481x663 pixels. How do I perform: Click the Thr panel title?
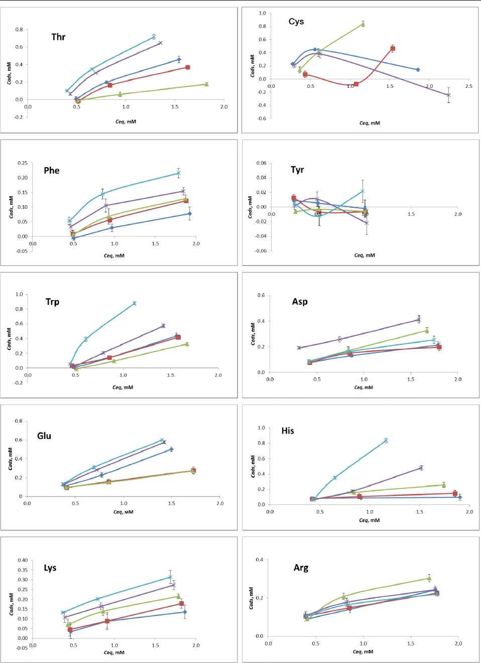pyautogui.click(x=58, y=37)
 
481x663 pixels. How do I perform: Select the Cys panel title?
pyautogui.click(x=296, y=22)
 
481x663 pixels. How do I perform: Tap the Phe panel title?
pyautogui.click(x=52, y=171)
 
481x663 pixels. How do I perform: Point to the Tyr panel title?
pyautogui.click(x=297, y=170)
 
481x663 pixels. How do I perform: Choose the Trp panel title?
pyautogui.click(x=52, y=302)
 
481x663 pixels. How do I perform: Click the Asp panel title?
pyautogui.click(x=300, y=302)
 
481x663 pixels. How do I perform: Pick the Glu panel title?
pyautogui.click(x=44, y=436)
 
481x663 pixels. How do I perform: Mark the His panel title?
pyautogui.click(x=288, y=431)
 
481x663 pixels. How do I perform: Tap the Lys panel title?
pyautogui.click(x=50, y=568)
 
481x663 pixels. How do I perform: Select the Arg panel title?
pyautogui.click(x=301, y=568)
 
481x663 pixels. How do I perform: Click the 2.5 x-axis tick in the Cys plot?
pyautogui.click(x=468, y=86)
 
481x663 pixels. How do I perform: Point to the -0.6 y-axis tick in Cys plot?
pyautogui.click(x=262, y=118)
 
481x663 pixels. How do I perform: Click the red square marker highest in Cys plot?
pyautogui.click(x=393, y=49)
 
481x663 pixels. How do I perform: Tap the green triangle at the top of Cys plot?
pyautogui.click(x=363, y=24)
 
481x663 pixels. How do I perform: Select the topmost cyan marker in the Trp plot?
pyautogui.click(x=135, y=303)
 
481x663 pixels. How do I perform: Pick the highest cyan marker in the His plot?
pyautogui.click(x=386, y=440)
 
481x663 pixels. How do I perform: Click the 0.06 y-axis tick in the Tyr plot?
pyautogui.click(x=261, y=163)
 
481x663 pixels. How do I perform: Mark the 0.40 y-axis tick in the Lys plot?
pyautogui.click(x=23, y=560)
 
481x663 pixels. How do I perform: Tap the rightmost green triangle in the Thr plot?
pyautogui.click(x=206, y=84)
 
